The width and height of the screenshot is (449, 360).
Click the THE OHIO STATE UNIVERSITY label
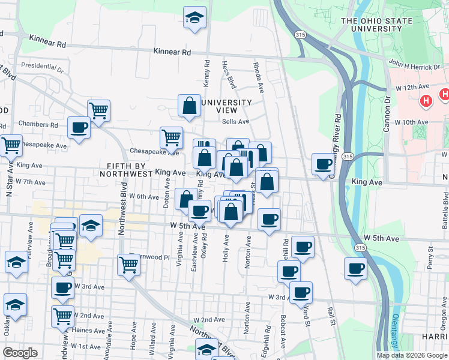(376, 25)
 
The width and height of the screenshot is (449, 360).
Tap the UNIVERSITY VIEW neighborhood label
(226, 106)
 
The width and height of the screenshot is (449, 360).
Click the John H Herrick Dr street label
(411, 62)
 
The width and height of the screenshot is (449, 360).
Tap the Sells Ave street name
(235, 121)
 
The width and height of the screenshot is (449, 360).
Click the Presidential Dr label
(42, 65)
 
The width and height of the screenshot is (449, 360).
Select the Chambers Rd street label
(38, 125)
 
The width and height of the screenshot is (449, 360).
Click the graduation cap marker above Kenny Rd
(194, 17)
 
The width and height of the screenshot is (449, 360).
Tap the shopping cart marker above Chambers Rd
(98, 110)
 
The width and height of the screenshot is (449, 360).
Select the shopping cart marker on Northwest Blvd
(128, 265)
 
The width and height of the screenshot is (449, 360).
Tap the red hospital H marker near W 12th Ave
(426, 101)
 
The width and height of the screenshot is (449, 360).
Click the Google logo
(20, 352)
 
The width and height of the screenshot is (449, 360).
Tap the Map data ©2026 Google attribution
(411, 355)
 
